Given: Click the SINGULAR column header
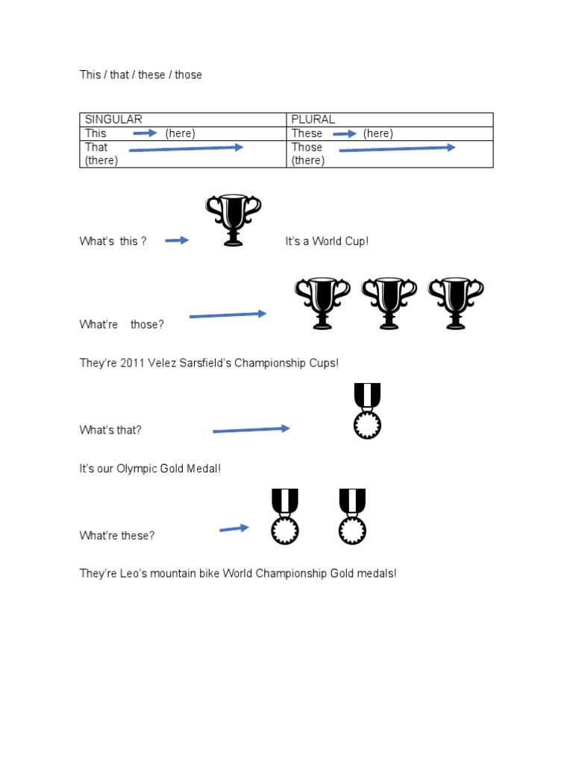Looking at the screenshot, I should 113,119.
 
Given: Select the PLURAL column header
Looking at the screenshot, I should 313,119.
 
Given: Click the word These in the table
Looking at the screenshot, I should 307,133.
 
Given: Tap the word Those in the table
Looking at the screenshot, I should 307,147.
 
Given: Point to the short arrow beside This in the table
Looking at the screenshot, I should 145,133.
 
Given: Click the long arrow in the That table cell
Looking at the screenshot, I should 186,148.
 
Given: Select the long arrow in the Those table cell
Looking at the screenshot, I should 397,148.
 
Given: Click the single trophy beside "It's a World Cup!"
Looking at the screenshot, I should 234,220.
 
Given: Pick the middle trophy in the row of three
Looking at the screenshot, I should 389,303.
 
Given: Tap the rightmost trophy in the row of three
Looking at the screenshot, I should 455,303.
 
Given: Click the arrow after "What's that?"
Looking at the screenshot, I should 251,429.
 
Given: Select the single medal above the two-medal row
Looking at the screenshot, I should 367,411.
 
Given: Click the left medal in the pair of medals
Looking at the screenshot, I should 284,516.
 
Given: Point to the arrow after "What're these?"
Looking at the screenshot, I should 234,528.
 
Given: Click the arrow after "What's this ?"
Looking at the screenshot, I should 177,240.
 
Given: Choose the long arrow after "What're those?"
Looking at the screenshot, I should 228,315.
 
